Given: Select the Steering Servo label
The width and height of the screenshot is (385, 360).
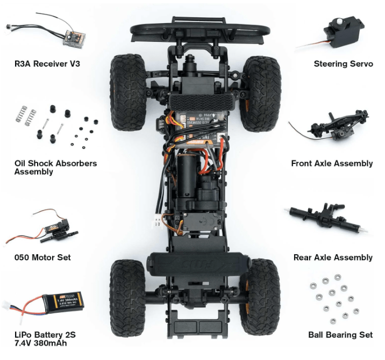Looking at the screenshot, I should tap(343, 63).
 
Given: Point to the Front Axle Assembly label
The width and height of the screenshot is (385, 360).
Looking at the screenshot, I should tap(332, 163).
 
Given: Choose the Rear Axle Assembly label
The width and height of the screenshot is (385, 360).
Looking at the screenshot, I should tap(333, 257).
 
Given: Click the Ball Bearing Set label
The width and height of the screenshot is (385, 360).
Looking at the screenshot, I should tap(340, 335).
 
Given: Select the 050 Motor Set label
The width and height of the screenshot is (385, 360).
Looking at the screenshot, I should tap(42, 257).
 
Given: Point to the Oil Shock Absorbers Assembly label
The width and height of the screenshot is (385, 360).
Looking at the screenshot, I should tap(55, 167).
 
